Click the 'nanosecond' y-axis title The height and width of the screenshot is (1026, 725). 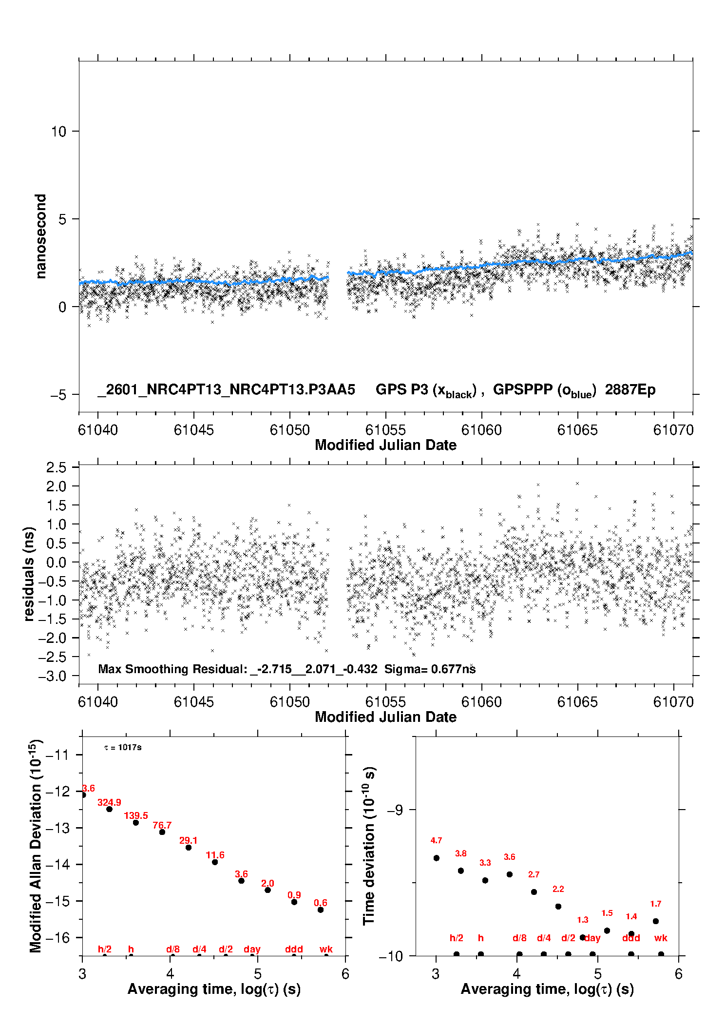click(x=40, y=236)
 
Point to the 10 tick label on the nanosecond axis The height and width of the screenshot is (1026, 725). click(x=58, y=132)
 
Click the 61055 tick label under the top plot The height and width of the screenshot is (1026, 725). click(x=385, y=430)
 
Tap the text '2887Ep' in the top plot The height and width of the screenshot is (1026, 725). click(x=630, y=390)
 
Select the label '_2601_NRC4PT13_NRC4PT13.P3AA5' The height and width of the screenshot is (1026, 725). click(x=226, y=390)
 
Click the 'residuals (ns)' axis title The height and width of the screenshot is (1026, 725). click(x=29, y=574)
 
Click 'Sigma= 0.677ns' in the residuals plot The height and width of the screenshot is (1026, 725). click(x=430, y=669)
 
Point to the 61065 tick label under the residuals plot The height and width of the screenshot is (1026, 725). click(x=577, y=702)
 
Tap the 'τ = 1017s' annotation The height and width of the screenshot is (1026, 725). click(x=123, y=748)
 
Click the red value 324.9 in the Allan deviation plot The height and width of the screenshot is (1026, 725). click(x=109, y=803)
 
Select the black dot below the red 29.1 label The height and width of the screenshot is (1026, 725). click(x=189, y=848)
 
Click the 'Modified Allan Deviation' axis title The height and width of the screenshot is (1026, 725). click(x=36, y=846)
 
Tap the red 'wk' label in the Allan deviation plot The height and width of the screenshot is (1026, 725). click(x=326, y=949)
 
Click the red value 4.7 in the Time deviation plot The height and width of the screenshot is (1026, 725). click(x=436, y=841)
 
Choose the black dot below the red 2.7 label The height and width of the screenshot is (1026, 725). click(x=534, y=892)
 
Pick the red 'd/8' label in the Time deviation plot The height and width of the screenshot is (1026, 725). click(x=519, y=938)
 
